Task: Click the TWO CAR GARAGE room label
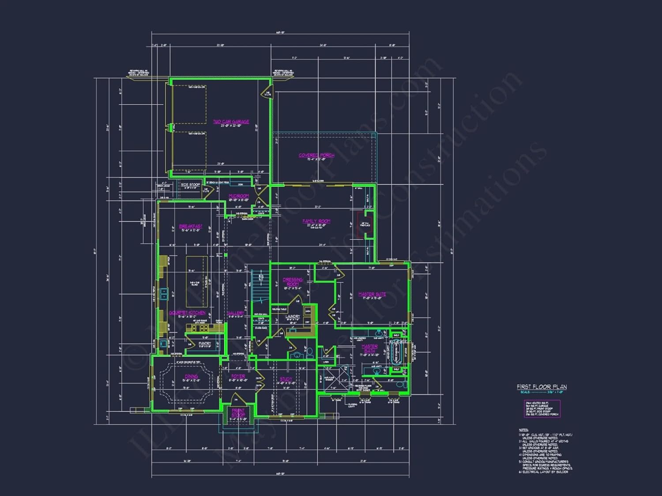pos(231,122)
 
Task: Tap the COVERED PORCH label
pos(316,155)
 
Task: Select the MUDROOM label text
pos(239,196)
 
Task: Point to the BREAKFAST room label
pos(191,226)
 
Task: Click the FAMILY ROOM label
pos(316,221)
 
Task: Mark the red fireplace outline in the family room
pos(362,224)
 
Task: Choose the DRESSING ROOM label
pos(293,282)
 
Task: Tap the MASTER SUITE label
pos(372,294)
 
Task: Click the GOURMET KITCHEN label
pos(187,313)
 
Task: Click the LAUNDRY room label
pos(293,316)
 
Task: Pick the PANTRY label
pos(205,343)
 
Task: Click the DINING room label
pos(191,376)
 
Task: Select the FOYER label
pos(238,376)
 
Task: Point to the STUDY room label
pos(286,379)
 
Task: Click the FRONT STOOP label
pos(238,413)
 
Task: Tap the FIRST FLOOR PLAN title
pos(542,387)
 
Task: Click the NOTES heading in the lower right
pos(523,429)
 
